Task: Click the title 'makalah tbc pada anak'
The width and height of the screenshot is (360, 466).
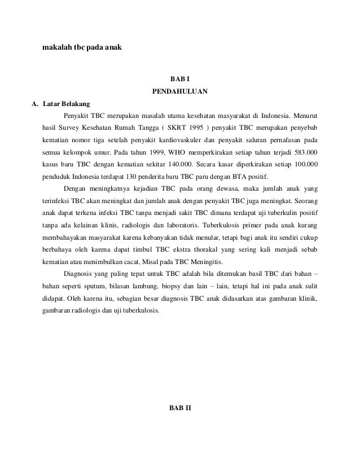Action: click(x=81, y=47)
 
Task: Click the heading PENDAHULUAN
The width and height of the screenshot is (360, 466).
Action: click(x=180, y=91)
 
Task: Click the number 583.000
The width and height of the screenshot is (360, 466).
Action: click(x=305, y=152)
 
